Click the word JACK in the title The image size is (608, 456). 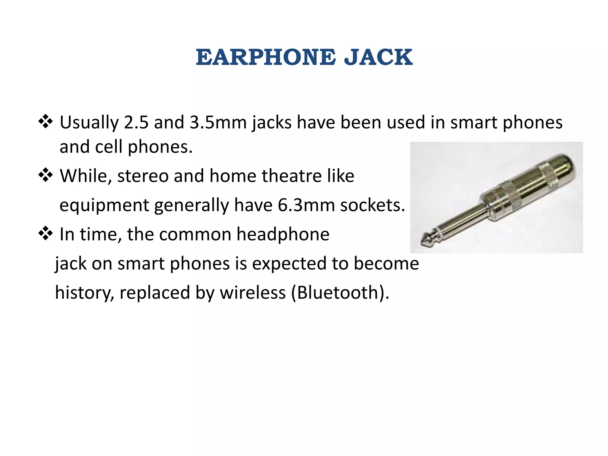[x=378, y=57]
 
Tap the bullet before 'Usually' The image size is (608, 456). [x=45, y=122]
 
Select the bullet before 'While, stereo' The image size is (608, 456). [x=45, y=175]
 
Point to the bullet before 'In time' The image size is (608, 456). [x=45, y=234]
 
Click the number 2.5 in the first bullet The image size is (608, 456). [x=136, y=122]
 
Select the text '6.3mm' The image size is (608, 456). [x=306, y=205]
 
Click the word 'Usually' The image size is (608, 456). [x=89, y=122]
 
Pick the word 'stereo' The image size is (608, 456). [x=143, y=176]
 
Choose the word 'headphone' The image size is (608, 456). [x=283, y=234]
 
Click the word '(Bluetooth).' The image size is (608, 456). [x=340, y=292]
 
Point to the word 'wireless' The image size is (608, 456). [x=253, y=292]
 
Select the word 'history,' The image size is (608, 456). [x=85, y=292]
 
